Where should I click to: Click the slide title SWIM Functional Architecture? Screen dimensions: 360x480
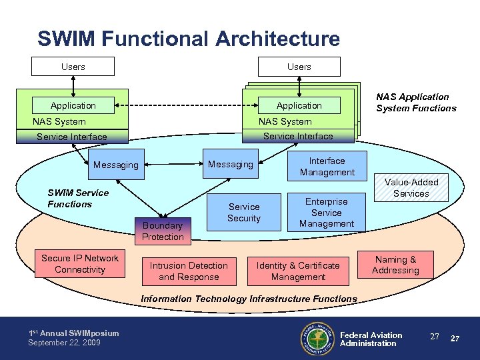click(189, 39)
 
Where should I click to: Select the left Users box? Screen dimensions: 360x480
click(73, 67)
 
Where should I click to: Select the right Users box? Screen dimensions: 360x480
click(299, 67)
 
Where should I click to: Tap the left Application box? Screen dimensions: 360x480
click(73, 105)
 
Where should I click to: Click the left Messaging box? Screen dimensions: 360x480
click(116, 165)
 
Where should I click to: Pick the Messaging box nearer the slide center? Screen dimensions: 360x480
click(231, 164)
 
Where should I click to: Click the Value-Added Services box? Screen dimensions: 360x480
click(411, 188)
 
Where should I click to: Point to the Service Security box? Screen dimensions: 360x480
click(244, 213)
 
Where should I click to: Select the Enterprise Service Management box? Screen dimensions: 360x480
click(327, 213)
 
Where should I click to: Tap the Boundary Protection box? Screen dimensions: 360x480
click(162, 231)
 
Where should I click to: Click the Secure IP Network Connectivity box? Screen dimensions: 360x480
click(80, 264)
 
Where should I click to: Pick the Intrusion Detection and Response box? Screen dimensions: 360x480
click(189, 271)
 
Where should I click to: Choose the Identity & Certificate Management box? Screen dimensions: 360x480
click(298, 271)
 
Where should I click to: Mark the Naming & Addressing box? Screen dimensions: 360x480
click(395, 265)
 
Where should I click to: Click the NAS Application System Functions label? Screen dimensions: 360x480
click(416, 103)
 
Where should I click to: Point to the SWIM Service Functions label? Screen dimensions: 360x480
click(78, 199)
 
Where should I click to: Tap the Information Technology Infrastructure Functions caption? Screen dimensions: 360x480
click(249, 299)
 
